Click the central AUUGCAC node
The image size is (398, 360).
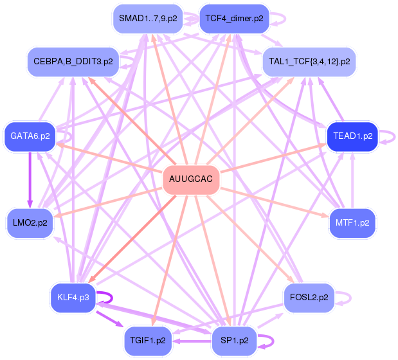click(x=191, y=179)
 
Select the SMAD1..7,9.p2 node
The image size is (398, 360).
click(x=148, y=19)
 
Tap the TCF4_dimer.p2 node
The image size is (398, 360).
click(x=234, y=19)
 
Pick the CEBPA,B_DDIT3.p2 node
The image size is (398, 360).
click(x=73, y=62)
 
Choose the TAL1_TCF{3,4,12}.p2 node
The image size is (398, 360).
click(x=309, y=62)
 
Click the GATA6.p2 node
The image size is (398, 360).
click(x=30, y=136)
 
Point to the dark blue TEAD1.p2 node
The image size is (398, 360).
click(x=352, y=136)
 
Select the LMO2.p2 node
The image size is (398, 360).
click(x=30, y=223)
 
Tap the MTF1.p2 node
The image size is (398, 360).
click(x=352, y=223)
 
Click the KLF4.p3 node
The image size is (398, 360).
click(x=73, y=298)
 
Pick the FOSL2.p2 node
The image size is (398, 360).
click(x=309, y=298)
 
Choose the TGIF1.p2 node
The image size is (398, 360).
click(x=148, y=341)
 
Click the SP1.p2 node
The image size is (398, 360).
click(x=234, y=341)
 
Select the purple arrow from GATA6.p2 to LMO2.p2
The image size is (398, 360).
click(x=30, y=180)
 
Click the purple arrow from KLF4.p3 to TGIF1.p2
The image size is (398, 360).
click(x=110, y=319)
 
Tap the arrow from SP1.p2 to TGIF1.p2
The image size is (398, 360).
click(x=192, y=341)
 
